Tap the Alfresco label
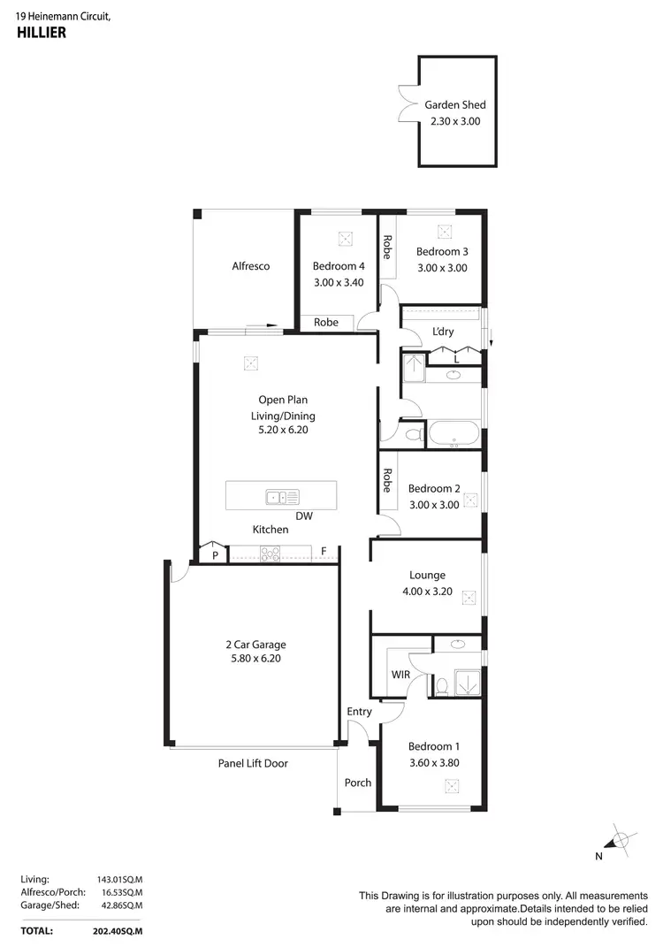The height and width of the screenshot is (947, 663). (x=250, y=266)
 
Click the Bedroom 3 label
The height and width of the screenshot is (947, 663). (x=442, y=251)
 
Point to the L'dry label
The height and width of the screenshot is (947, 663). (x=443, y=331)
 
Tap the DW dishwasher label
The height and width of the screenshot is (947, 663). (x=304, y=516)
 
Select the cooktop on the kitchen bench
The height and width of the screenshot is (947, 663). (x=271, y=554)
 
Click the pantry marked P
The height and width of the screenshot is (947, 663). (x=214, y=555)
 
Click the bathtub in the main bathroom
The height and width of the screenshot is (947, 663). (x=453, y=435)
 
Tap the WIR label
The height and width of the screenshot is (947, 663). (x=400, y=675)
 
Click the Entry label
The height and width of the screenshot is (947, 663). (x=359, y=711)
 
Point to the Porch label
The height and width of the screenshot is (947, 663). (x=357, y=783)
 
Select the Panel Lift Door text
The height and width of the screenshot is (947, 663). (x=253, y=763)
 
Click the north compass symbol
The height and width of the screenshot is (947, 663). (x=621, y=839)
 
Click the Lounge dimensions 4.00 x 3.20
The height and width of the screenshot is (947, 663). (x=427, y=592)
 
